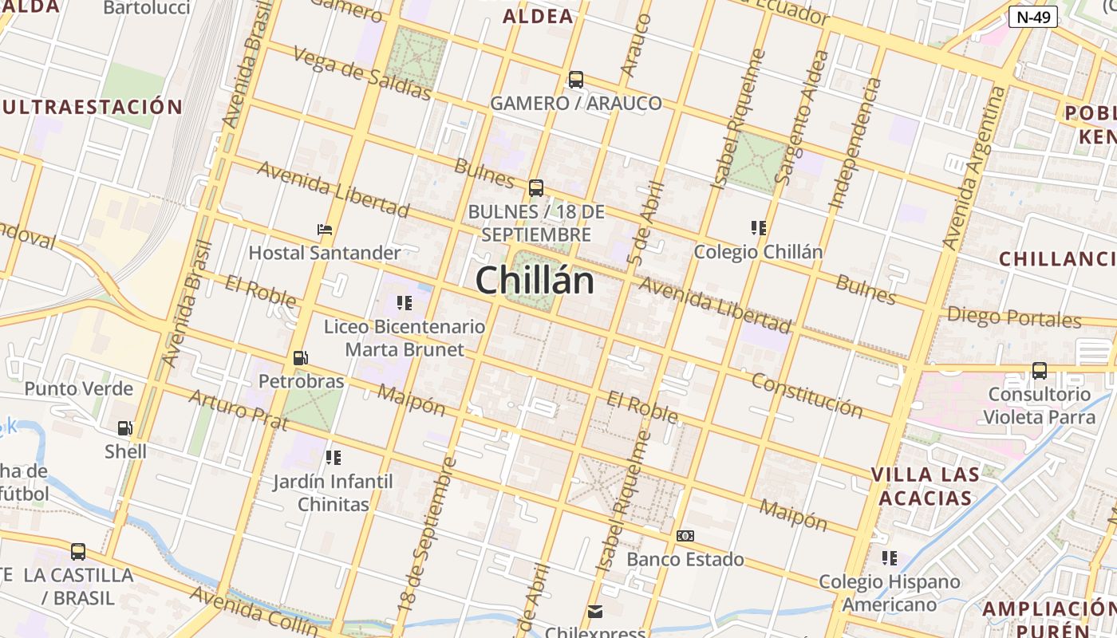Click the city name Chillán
(x=535, y=281)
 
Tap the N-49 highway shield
(x=1032, y=17)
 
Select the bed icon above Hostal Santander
(x=324, y=230)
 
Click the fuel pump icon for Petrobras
(x=300, y=359)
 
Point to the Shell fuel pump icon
(x=124, y=429)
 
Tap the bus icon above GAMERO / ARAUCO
(x=575, y=80)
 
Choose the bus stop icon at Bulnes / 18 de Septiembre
(x=535, y=188)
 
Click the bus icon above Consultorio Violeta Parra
(x=1039, y=371)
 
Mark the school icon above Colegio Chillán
(x=758, y=228)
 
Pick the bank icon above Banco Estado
(x=685, y=536)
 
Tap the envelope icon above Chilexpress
(x=594, y=612)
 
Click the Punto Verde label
(x=78, y=389)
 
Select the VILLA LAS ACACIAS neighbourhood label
(x=925, y=486)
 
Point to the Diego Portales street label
(x=1013, y=317)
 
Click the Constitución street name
(x=807, y=395)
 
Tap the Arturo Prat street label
(x=237, y=409)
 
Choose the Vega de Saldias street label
(x=361, y=73)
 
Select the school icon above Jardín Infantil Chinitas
(x=333, y=458)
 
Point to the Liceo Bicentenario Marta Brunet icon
(x=404, y=303)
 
